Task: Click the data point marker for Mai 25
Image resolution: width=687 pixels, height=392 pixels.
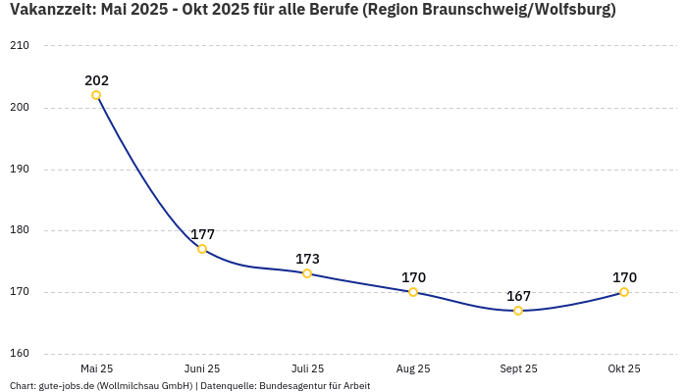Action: click(96, 95)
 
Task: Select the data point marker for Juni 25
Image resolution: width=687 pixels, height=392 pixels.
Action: click(202, 249)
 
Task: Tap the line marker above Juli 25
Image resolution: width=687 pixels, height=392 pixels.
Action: click(307, 273)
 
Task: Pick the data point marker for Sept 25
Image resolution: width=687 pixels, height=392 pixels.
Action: click(518, 311)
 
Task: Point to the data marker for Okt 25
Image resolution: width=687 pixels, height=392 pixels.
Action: click(624, 292)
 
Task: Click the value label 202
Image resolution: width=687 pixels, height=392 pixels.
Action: click(96, 80)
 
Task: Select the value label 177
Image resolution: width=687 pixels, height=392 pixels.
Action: click(202, 234)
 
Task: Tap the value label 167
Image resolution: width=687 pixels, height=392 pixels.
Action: click(518, 296)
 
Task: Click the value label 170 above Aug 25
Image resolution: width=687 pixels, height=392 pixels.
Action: click(413, 277)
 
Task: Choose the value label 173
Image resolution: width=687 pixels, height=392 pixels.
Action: click(307, 259)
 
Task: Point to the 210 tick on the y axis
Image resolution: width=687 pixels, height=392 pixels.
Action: click(20, 46)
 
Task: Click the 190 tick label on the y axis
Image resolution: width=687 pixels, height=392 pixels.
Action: click(20, 170)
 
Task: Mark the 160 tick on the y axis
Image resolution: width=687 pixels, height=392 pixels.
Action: click(20, 354)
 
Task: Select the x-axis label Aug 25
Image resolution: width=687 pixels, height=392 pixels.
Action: click(413, 368)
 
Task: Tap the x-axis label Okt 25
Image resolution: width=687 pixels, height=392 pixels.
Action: click(624, 368)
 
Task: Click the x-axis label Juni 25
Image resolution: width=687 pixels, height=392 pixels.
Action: click(202, 368)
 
